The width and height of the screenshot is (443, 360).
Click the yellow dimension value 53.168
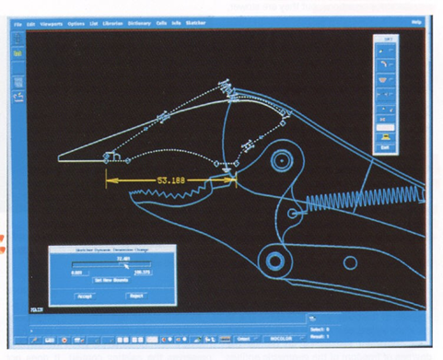tap(171, 180)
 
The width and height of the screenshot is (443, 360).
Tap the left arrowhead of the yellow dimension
tap(110, 180)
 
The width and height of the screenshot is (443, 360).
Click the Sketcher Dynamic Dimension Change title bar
tap(110, 250)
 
